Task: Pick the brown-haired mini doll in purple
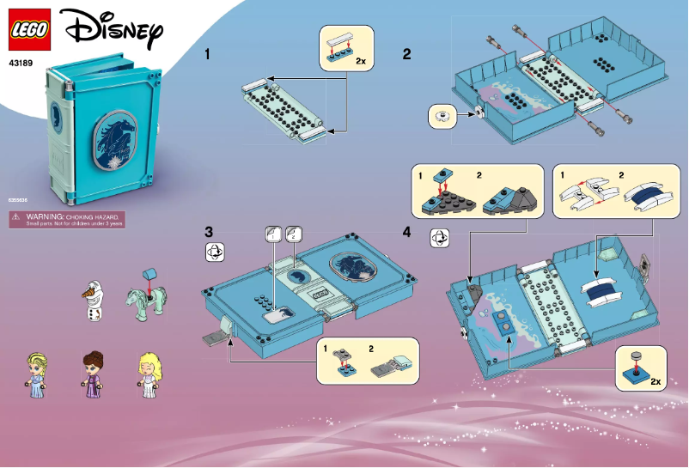(93, 372)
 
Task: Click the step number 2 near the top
(407, 54)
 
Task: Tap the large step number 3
(209, 232)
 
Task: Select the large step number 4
(407, 232)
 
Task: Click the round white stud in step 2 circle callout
(444, 115)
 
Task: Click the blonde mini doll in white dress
(147, 373)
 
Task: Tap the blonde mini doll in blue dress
(40, 373)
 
